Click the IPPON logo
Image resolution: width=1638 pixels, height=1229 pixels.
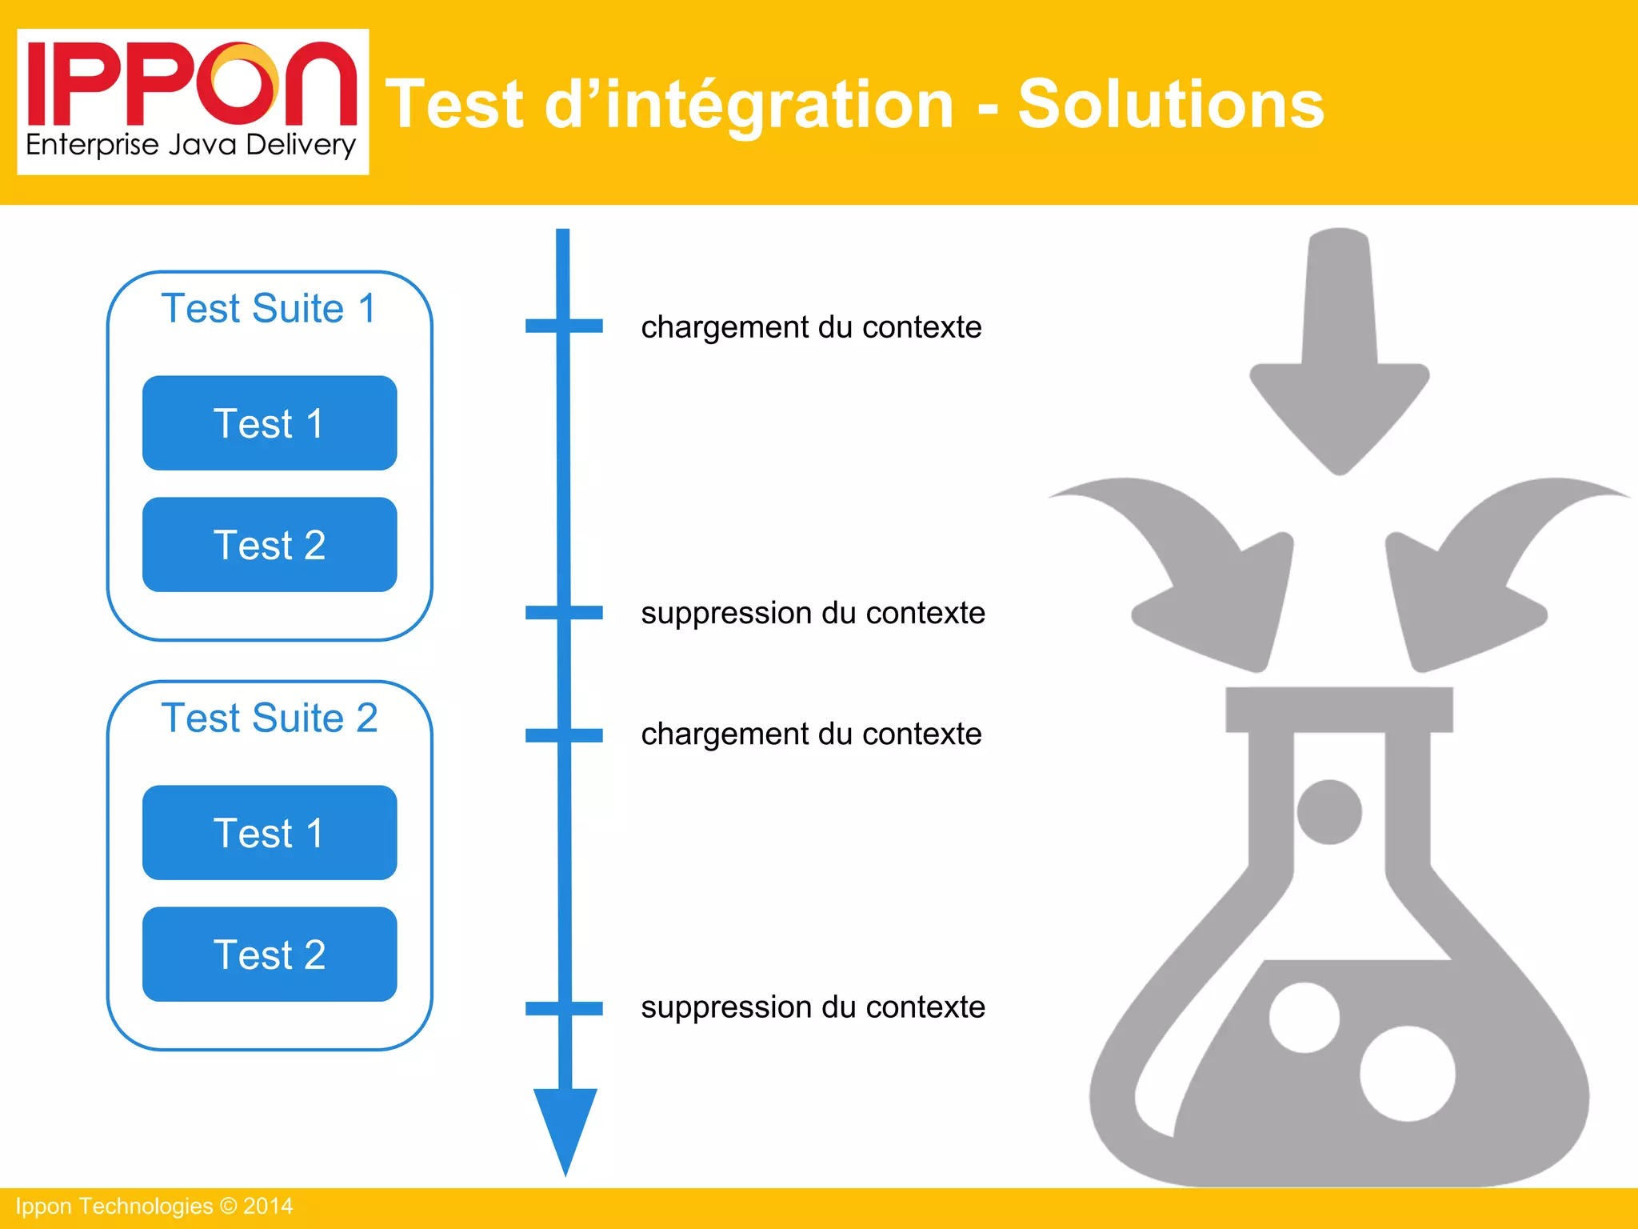(x=193, y=101)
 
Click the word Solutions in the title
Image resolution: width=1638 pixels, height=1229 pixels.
(x=1171, y=104)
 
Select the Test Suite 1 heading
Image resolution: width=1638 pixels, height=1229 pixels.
(x=269, y=309)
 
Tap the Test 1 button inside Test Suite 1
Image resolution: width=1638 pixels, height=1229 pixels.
(x=270, y=423)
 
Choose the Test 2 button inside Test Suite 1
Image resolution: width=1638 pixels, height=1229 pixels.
(x=270, y=545)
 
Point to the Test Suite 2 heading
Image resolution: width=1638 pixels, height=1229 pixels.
(x=270, y=718)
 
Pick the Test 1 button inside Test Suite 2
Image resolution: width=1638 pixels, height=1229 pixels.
(x=270, y=833)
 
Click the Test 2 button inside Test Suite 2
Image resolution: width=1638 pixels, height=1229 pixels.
(x=270, y=955)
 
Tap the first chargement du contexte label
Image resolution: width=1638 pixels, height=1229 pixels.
(x=811, y=327)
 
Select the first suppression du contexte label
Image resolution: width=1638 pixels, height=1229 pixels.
(x=813, y=613)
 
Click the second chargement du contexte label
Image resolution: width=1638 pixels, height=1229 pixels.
(x=811, y=734)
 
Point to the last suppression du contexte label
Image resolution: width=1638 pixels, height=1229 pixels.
(x=813, y=1007)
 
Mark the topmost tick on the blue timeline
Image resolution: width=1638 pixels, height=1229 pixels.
(x=564, y=326)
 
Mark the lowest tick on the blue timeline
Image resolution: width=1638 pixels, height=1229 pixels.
(x=564, y=1008)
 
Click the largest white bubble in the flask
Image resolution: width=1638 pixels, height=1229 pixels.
(x=1408, y=1074)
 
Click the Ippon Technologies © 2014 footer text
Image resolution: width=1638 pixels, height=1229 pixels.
(x=154, y=1207)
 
